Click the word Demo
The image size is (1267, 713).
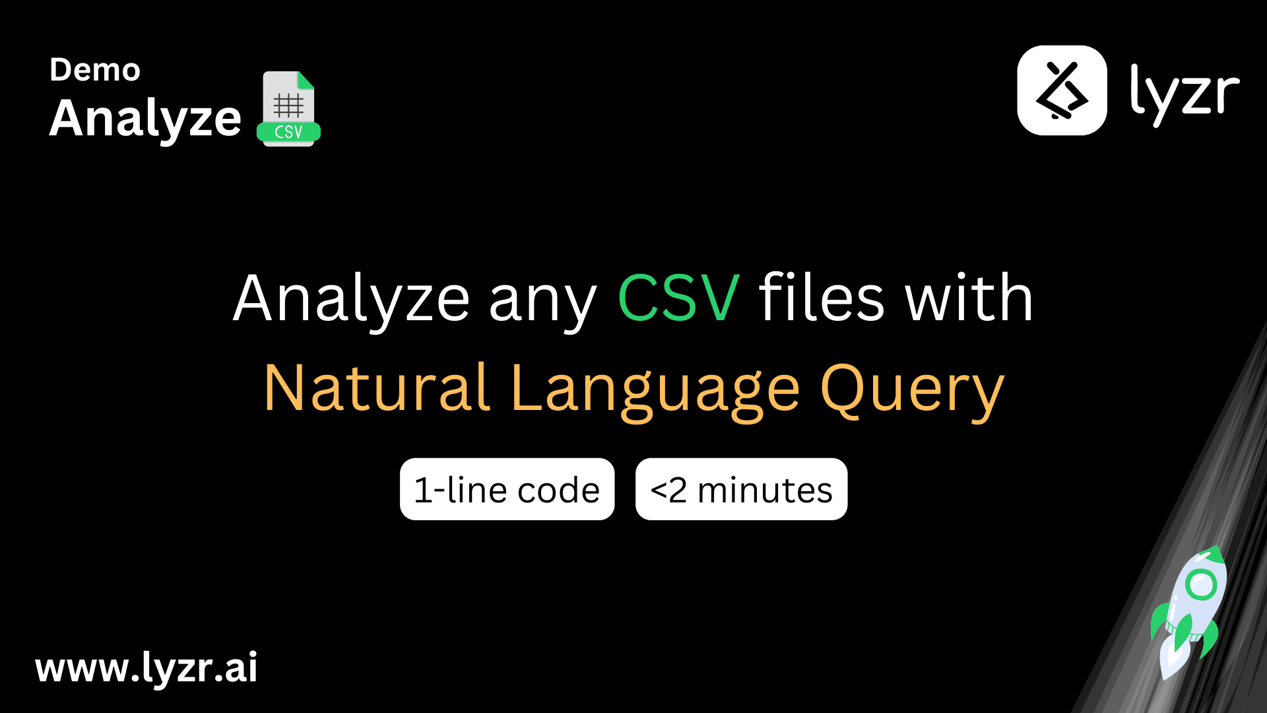(95, 70)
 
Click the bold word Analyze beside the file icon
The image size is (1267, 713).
(145, 119)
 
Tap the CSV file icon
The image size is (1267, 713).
(288, 108)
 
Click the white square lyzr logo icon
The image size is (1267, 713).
(1062, 90)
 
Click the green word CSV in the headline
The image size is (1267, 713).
(678, 298)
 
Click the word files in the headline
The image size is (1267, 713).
(822, 298)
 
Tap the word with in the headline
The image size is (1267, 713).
(969, 298)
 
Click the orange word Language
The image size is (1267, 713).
(655, 390)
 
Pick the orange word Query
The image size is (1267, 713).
(912, 390)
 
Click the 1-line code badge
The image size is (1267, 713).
(507, 489)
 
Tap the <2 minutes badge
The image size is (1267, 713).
(741, 489)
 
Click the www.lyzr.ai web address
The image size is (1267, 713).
(146, 668)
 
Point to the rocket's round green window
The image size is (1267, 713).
(1200, 584)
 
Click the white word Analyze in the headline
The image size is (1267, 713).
(351, 298)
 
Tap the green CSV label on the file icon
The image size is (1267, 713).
(288, 132)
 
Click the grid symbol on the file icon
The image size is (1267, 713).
(288, 105)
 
